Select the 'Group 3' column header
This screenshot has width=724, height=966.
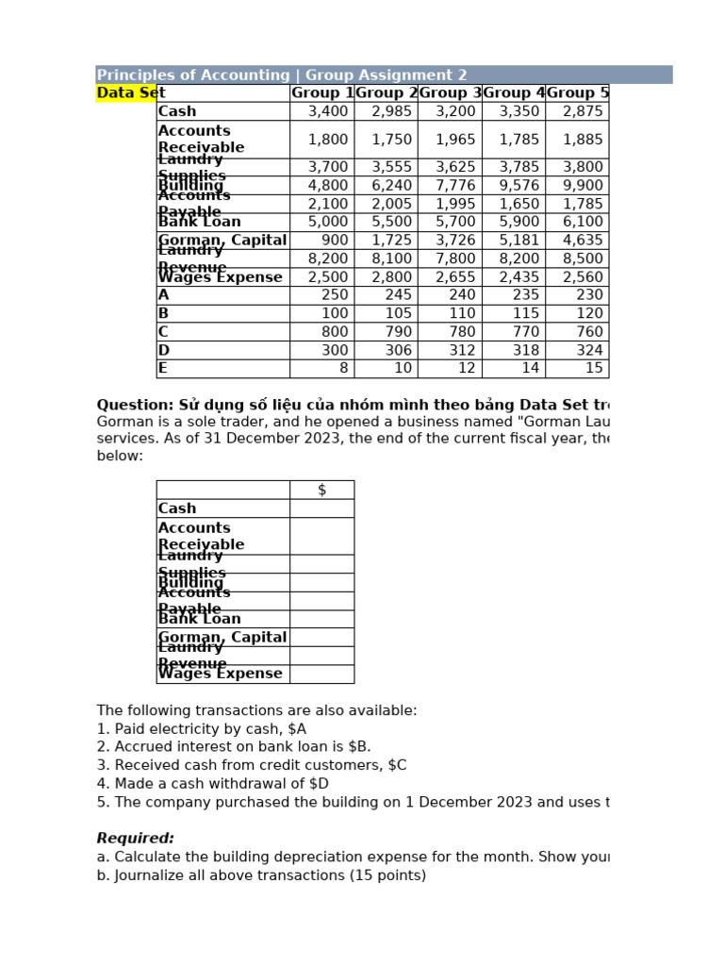450,92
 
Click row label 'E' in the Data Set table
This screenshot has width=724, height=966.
163,369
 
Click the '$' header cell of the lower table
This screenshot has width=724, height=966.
321,490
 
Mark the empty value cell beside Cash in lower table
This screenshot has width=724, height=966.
321,508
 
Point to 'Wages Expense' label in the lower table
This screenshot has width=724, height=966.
221,674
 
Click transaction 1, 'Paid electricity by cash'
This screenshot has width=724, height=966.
202,728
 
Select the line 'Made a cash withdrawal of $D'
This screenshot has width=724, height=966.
213,784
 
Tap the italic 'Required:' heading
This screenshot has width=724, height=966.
136,839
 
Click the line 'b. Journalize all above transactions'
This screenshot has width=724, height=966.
261,875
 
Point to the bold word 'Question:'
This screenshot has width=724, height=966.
136,405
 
